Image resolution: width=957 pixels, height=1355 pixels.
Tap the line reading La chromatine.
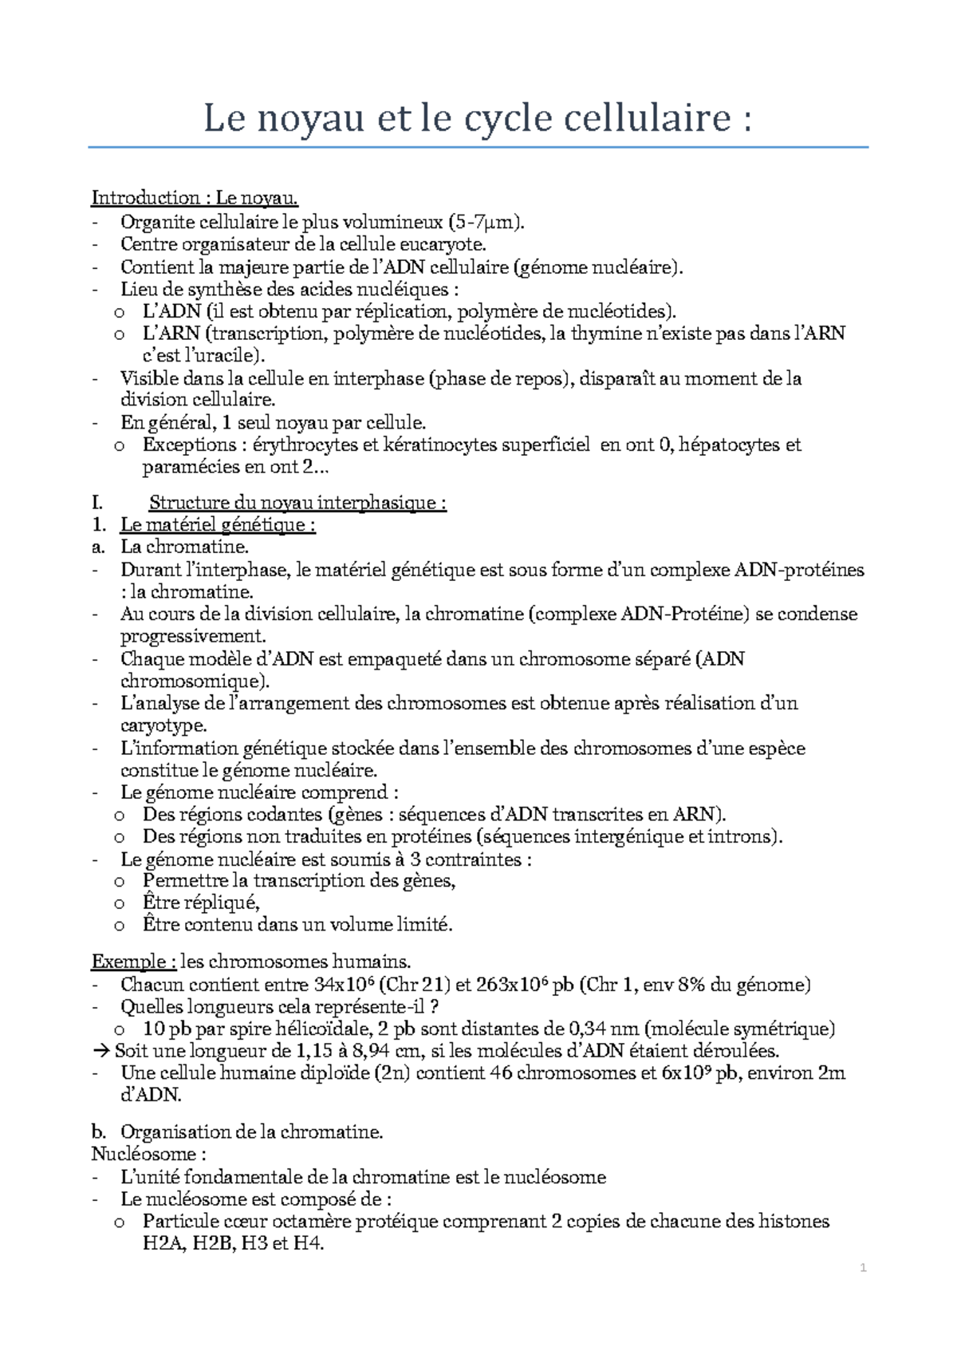(x=184, y=547)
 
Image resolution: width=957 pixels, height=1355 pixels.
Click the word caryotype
(x=163, y=725)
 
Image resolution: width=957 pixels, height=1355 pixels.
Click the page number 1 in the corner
(x=863, y=1268)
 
